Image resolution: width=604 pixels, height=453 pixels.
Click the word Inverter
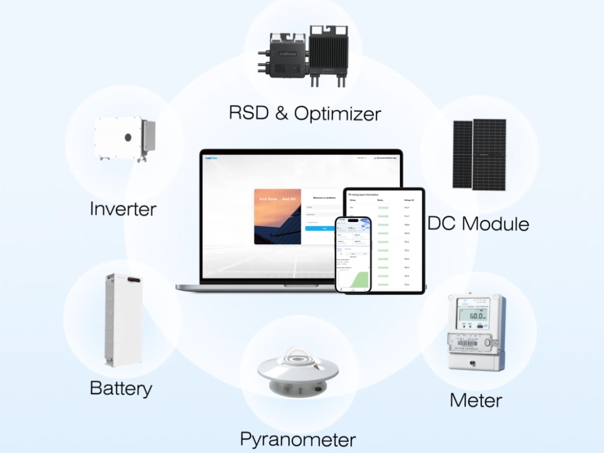point(123,209)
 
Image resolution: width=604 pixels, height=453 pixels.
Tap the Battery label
point(121,388)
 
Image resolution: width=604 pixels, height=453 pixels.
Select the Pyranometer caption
point(297,439)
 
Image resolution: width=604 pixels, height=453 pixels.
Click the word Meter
point(476,400)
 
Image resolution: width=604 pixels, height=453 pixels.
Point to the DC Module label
point(478,223)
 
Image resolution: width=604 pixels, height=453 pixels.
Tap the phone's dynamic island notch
point(353,220)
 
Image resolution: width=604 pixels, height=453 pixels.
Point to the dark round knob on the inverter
point(128,137)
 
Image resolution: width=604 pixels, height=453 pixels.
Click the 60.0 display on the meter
point(477,316)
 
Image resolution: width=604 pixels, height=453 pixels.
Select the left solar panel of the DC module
point(463,154)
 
